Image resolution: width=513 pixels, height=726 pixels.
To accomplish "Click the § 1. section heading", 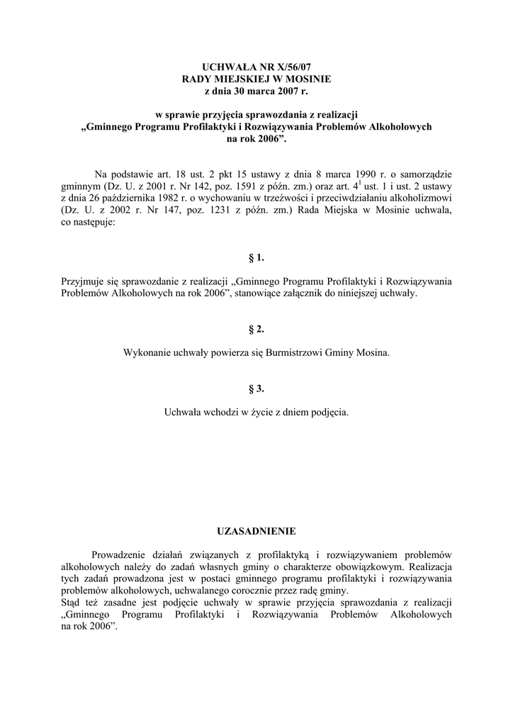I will click(256, 257).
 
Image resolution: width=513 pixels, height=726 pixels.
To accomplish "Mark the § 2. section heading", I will click(256, 329).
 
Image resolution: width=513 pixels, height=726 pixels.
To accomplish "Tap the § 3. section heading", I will click(256, 389).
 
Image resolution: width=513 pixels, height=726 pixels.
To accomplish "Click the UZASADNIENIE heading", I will click(256, 530).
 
